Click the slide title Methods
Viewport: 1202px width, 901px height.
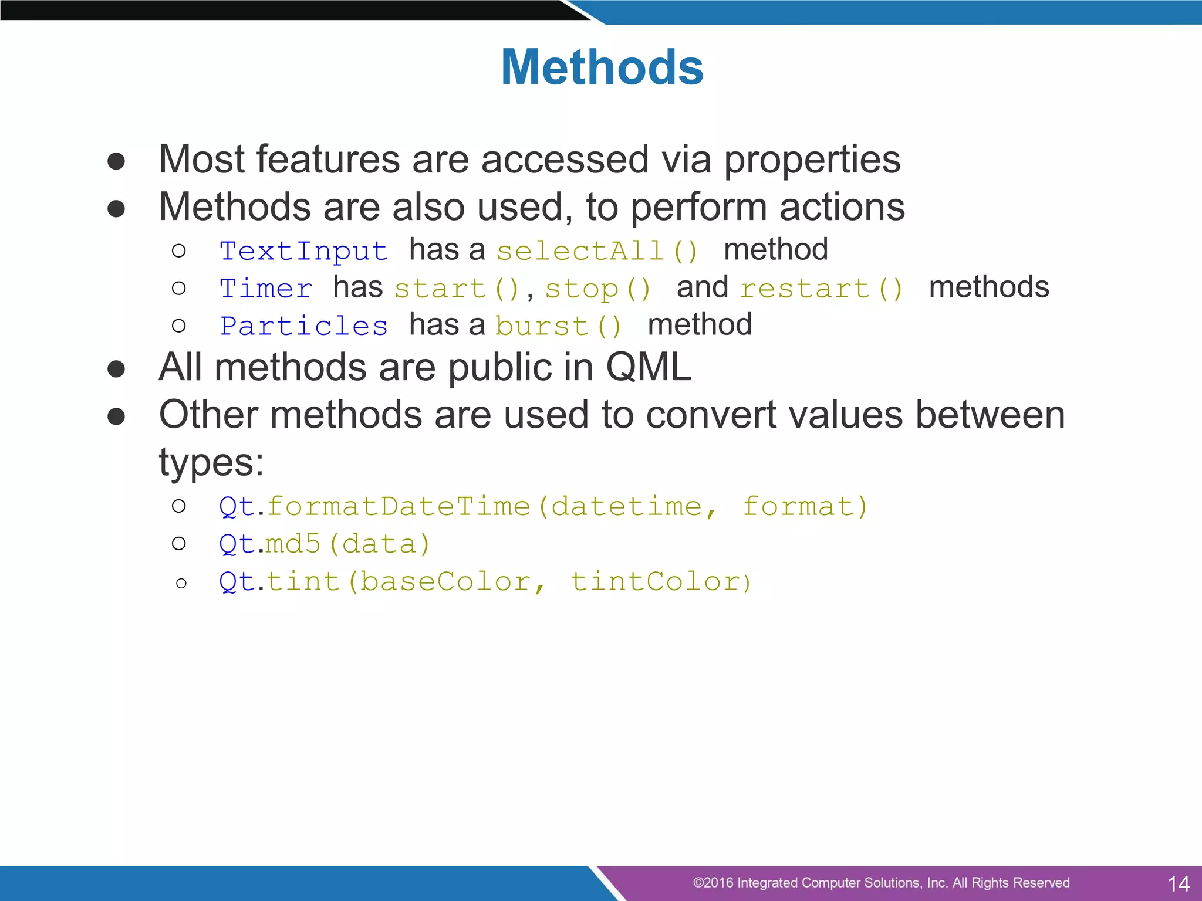pos(602,67)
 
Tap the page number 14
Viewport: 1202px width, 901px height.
pos(1179,883)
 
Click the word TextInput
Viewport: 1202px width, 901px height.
pos(303,251)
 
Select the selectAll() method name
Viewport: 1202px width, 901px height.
pos(597,251)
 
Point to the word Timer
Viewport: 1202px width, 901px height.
pos(266,289)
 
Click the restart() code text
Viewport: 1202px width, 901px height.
pos(821,289)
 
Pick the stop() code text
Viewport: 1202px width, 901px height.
pos(597,289)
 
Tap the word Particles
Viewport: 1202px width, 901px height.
pos(303,326)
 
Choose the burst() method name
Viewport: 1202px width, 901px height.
pos(558,326)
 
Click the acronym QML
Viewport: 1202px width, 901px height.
pos(648,367)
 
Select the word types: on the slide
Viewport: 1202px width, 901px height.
pos(211,462)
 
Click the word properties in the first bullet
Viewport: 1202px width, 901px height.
pos(812,160)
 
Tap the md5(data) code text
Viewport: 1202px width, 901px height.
pos(348,544)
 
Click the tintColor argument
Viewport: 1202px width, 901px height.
pos(656,582)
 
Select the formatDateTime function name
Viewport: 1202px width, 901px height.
pos(399,507)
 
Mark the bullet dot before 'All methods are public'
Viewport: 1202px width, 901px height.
pos(116,369)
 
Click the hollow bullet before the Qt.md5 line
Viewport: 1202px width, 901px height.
pos(179,544)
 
